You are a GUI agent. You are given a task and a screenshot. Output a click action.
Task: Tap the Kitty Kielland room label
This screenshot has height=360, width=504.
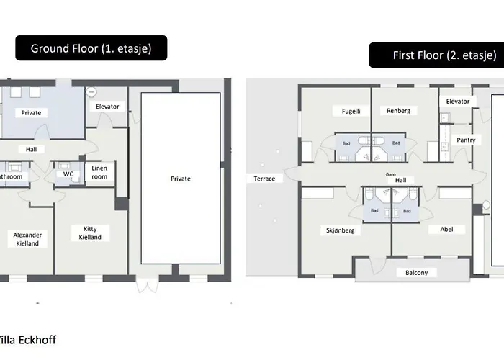[90, 233]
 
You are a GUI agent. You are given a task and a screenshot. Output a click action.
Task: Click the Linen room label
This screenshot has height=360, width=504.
[99, 172]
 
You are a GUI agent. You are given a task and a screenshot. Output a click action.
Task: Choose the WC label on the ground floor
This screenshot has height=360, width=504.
[68, 174]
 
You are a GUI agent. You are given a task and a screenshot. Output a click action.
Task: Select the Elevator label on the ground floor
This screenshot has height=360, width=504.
[107, 107]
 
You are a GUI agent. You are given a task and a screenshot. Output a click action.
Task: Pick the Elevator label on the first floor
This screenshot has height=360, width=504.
[457, 102]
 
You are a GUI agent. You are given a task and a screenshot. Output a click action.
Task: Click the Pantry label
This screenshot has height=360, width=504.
[465, 140]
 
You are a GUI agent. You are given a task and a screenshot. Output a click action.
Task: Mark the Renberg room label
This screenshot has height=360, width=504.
[398, 111]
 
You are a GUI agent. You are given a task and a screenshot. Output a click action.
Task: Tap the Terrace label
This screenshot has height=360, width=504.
[264, 179]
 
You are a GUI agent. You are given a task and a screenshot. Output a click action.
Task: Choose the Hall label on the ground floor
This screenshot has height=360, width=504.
[31, 149]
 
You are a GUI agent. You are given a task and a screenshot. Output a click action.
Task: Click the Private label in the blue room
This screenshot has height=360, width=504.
[31, 112]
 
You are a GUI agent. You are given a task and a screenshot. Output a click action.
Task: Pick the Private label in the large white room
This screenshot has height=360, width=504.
[181, 179]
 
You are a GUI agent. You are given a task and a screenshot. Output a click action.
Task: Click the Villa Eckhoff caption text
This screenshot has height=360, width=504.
[27, 340]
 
